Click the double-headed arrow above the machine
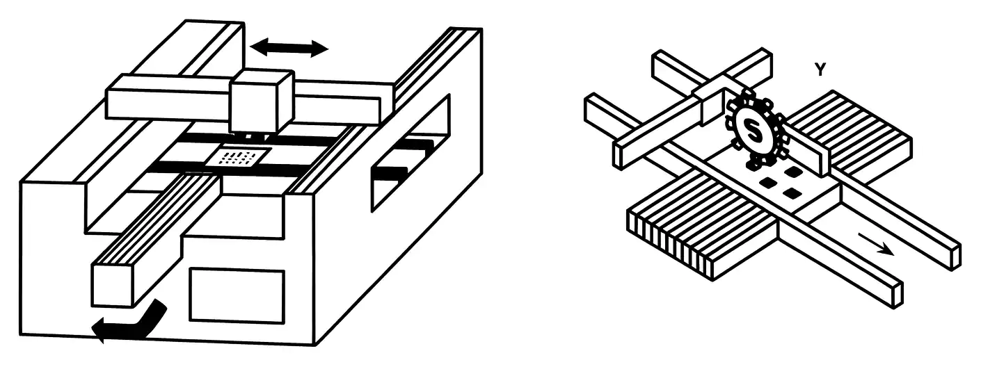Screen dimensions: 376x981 coord(289,48)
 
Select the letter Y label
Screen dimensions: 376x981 coord(820,70)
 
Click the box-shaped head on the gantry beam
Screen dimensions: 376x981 coord(261,101)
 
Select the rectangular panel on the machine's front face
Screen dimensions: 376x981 coord(237,295)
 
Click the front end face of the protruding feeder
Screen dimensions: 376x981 coord(112,285)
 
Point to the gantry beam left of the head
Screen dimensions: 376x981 coord(167,97)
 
